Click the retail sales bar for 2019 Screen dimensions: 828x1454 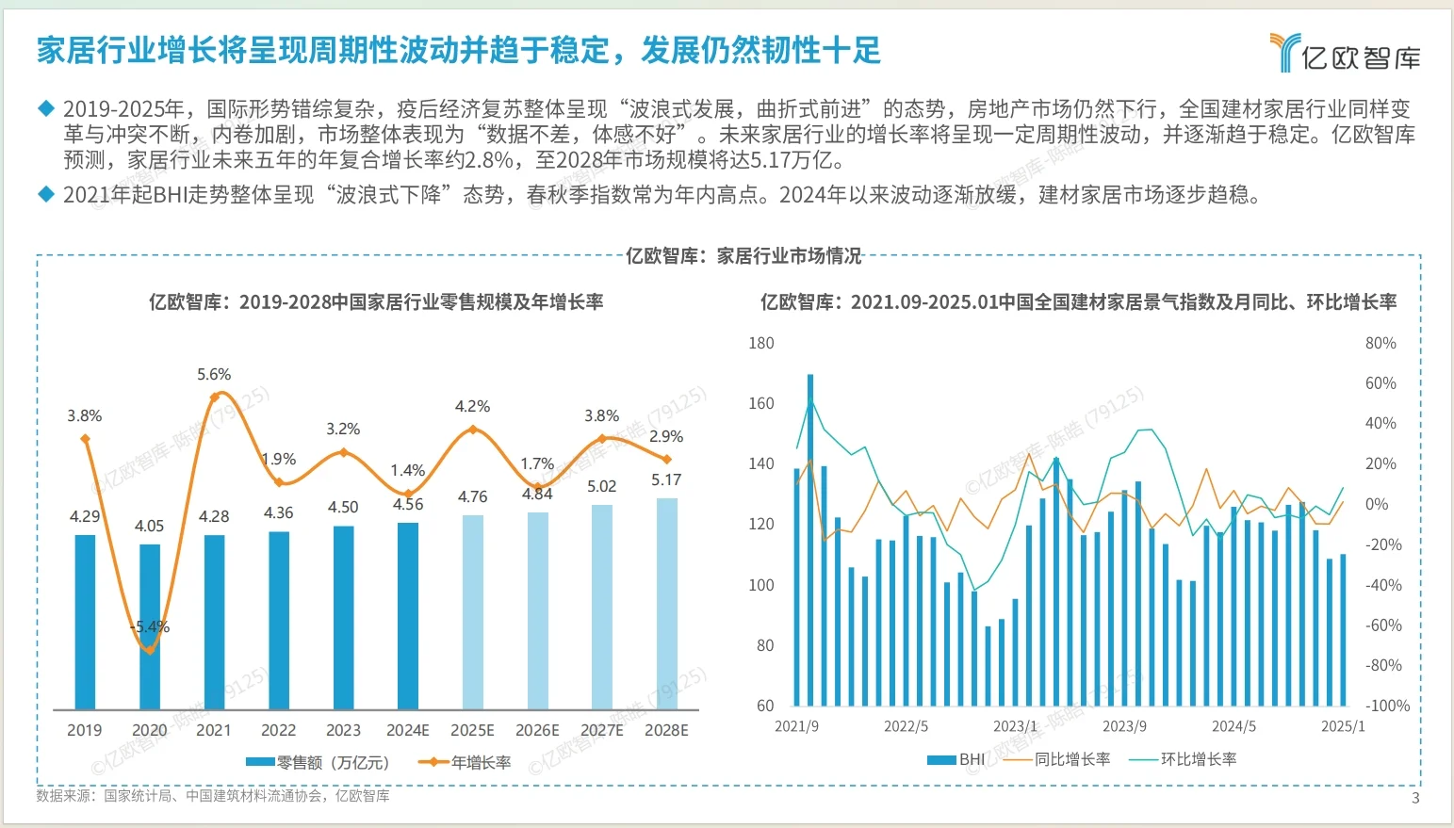tap(85, 622)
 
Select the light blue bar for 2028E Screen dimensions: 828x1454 tap(666, 603)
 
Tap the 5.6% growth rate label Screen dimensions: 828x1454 tap(214, 374)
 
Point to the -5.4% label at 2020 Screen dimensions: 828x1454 tap(150, 626)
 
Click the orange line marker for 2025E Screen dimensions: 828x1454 tap(473, 430)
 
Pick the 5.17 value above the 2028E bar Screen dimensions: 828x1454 tap(666, 479)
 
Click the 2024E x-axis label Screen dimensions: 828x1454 tap(407, 730)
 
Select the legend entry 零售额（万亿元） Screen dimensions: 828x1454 tap(319, 762)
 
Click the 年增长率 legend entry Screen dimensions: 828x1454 tap(466, 762)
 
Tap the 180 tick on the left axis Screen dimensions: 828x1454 tap(760, 343)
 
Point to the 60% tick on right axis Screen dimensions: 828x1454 tap(1380, 383)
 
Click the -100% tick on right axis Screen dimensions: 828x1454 tap(1387, 706)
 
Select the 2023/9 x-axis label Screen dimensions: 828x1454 tap(1124, 726)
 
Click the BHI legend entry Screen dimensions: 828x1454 tap(956, 759)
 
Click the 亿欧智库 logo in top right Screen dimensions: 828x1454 tap(1345, 54)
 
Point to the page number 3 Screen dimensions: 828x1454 tap(1414, 798)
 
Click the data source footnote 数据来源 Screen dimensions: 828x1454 tap(213, 796)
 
